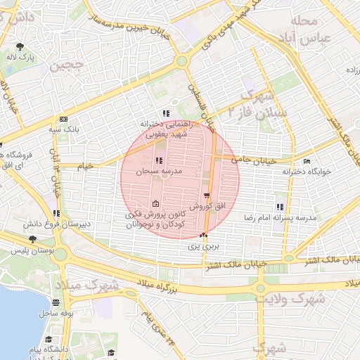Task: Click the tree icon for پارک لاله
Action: point(21,46)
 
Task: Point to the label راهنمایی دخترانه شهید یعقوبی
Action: point(165,129)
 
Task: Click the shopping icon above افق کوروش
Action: point(206,195)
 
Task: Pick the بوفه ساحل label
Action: point(58,311)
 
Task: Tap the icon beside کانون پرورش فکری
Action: point(155,205)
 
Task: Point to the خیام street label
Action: point(85,166)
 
